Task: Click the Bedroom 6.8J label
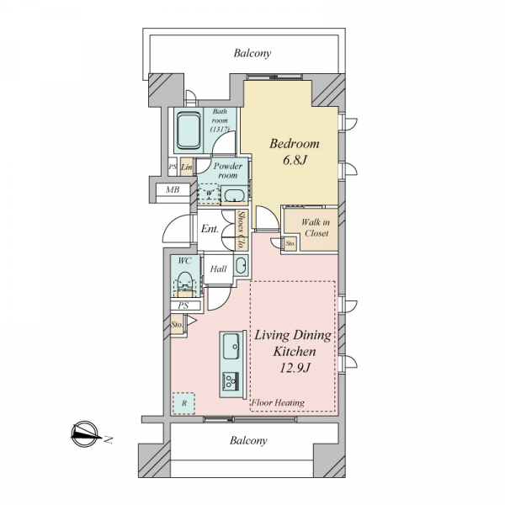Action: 295,151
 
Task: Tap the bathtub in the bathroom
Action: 189,130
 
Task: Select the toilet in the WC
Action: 185,283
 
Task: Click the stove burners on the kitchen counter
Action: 231,381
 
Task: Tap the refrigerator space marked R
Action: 183,403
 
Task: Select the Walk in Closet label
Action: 316,227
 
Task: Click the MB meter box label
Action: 173,189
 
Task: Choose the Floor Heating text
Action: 278,402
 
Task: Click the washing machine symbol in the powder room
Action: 209,193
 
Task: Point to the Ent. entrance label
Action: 210,229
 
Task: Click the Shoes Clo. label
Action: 242,229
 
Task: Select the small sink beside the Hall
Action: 240,265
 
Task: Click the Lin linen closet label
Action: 187,167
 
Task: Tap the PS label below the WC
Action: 183,306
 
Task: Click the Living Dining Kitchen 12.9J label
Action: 294,351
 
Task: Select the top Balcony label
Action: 252,53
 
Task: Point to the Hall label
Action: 218,268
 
